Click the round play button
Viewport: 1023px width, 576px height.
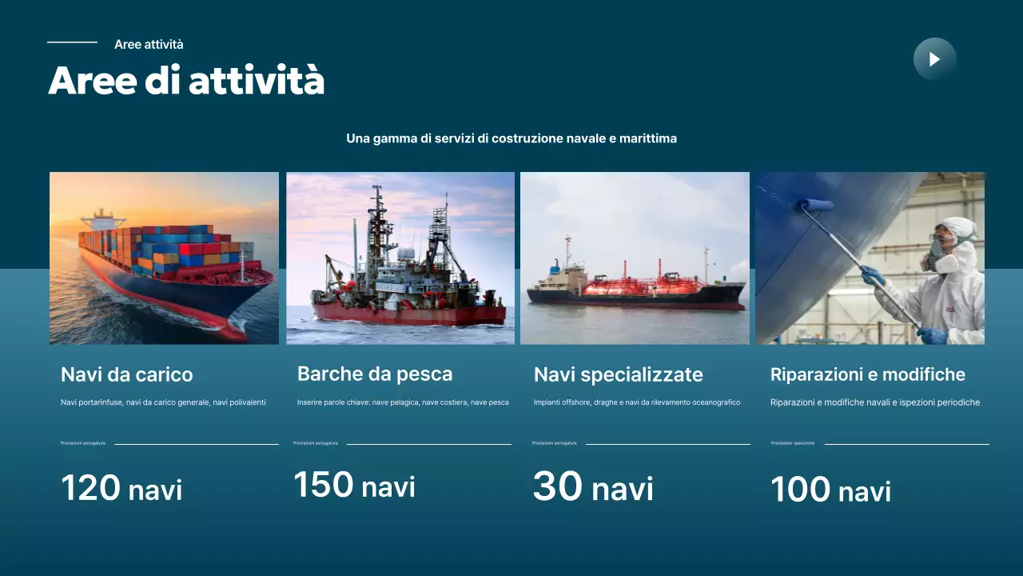coord(934,59)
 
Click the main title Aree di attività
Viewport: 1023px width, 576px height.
coord(186,82)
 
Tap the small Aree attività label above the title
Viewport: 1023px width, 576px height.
coord(149,45)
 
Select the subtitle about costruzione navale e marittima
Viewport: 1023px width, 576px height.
coord(511,138)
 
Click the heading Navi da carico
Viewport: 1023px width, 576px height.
coord(127,374)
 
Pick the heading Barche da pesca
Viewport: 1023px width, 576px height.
coord(375,374)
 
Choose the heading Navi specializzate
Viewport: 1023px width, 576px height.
coord(619,374)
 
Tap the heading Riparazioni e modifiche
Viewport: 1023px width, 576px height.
coord(868,374)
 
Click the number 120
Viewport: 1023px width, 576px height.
coord(91,488)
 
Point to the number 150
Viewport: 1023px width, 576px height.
coord(324,485)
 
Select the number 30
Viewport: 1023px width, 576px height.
coord(558,487)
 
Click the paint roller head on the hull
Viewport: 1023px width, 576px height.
coord(814,206)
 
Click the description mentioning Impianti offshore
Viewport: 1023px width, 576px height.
coord(637,402)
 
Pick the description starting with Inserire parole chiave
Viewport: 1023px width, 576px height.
coord(403,402)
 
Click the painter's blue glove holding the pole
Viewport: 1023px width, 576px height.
coord(871,276)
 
